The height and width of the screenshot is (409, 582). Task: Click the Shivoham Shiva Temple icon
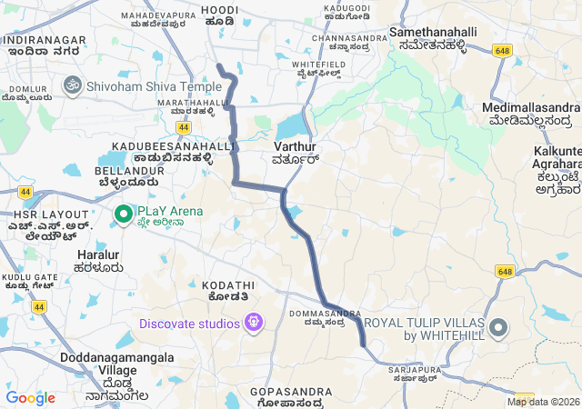click(71, 85)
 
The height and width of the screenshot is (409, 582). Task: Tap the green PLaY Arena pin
click(124, 213)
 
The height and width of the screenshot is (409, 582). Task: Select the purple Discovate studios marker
click(253, 323)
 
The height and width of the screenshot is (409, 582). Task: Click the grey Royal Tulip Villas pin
click(498, 328)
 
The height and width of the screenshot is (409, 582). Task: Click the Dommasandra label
click(318, 316)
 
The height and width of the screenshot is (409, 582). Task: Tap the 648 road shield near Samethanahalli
click(503, 51)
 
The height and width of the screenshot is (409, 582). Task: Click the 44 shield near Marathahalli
click(186, 128)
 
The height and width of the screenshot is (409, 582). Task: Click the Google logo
click(30, 398)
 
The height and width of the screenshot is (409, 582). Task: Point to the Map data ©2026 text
click(543, 402)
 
